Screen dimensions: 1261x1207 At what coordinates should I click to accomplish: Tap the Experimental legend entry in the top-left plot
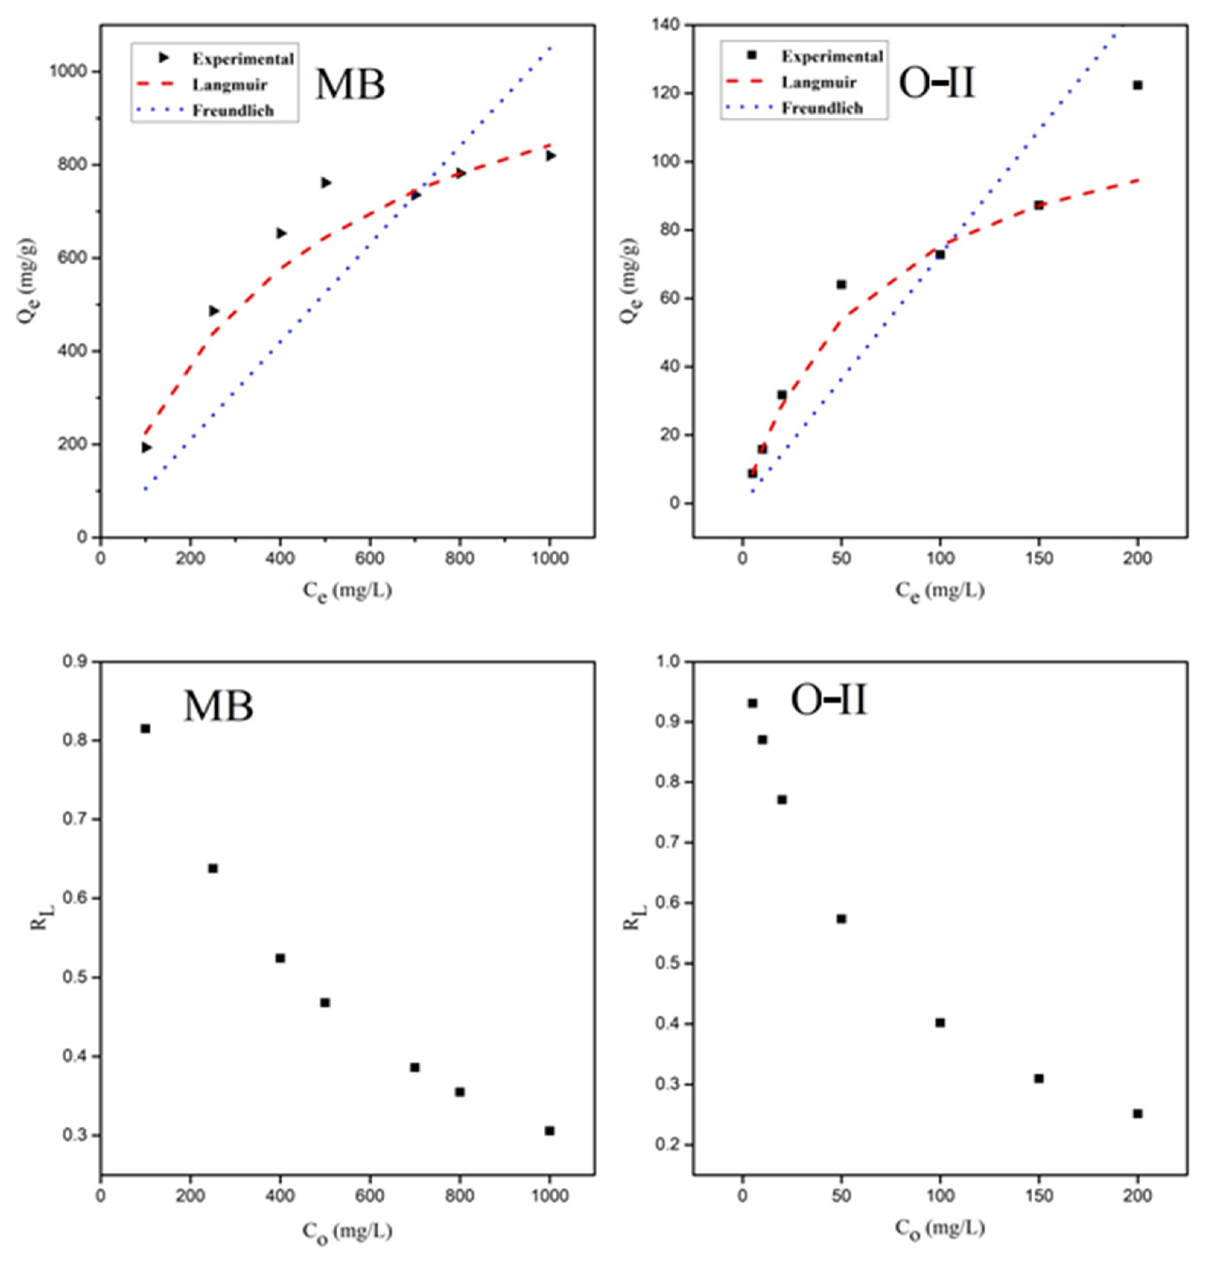point(242,58)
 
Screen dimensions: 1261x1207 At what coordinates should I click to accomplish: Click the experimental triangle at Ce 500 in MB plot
point(326,183)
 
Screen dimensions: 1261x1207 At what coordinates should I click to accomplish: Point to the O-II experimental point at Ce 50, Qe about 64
point(841,285)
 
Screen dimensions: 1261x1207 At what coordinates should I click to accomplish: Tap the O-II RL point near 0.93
point(752,703)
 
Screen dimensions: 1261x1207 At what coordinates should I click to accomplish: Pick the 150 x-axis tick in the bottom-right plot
point(1038,1196)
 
